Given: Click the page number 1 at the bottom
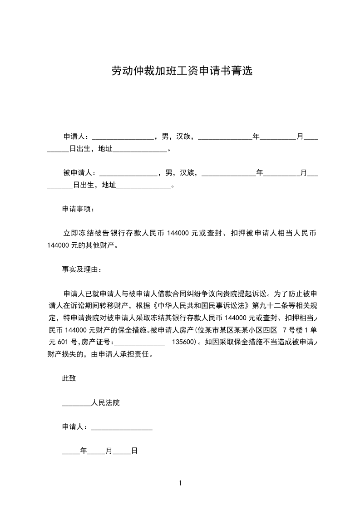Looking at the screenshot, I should [x=180, y=483].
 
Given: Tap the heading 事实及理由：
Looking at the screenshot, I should [x=82, y=269].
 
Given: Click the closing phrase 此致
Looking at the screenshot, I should [x=69, y=378].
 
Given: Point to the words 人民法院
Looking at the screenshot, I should [x=105, y=403].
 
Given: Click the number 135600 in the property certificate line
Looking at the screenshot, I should [x=184, y=343].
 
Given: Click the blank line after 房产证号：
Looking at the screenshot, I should [x=141, y=343].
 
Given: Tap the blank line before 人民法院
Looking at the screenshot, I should [x=76, y=403].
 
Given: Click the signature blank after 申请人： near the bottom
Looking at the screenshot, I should [x=122, y=427].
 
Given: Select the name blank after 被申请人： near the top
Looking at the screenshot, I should [x=128, y=173].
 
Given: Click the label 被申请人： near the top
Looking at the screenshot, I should [x=79, y=173].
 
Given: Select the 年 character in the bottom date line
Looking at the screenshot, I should [x=83, y=451].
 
